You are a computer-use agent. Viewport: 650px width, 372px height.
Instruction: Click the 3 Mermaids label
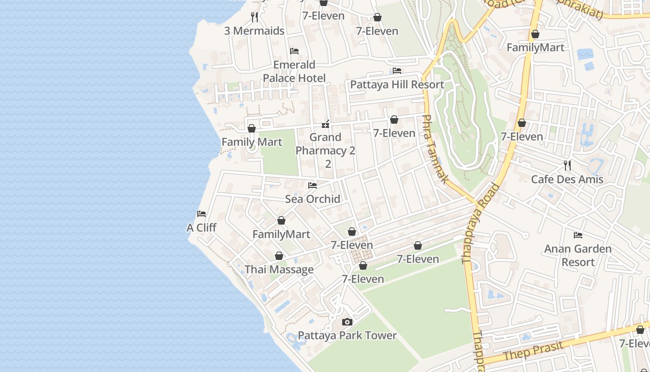254,31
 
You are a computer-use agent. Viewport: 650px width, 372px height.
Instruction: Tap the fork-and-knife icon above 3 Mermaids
254,17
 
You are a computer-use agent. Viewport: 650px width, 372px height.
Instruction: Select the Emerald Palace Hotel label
294,71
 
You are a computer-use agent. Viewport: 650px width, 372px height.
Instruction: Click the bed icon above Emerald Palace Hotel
294,51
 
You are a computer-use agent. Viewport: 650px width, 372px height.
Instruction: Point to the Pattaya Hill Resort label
397,85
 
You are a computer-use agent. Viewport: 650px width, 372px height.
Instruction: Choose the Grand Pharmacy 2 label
325,144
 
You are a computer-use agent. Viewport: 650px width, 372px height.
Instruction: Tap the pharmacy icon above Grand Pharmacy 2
325,124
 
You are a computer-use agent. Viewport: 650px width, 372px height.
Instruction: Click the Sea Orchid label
312,199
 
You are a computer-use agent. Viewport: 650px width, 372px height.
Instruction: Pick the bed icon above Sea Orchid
312,186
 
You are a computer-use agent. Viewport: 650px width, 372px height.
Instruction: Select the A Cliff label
201,228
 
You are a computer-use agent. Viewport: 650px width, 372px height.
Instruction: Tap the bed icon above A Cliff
201,214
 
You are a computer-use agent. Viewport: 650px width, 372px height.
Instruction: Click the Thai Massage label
279,270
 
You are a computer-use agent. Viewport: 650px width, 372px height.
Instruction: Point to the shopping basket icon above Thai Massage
279,256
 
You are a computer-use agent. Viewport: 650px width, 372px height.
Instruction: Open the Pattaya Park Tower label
347,335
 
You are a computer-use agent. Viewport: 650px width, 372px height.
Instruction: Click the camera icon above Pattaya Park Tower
347,322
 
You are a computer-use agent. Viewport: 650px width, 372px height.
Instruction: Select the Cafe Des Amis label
567,179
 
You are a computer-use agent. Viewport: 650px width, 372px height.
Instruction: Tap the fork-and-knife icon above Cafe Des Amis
567,166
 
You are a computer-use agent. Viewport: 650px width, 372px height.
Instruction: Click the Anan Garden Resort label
578,255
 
